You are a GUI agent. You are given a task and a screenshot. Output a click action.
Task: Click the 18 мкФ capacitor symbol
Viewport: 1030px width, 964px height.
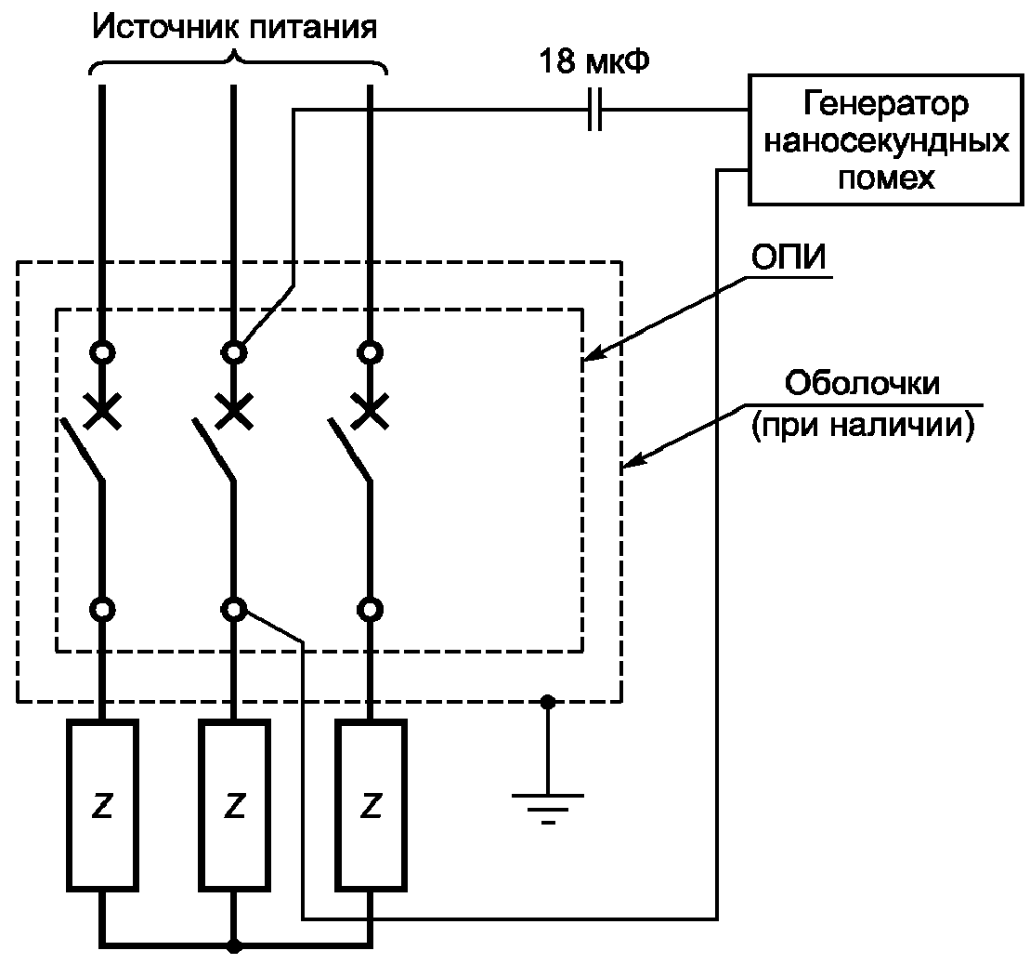[595, 110]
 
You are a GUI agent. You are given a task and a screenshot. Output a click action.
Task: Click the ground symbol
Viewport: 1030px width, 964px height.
[548, 804]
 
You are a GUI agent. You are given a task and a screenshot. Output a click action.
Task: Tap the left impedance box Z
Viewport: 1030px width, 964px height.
[102, 805]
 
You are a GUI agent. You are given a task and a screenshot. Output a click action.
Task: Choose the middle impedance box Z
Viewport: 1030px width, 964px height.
[235, 805]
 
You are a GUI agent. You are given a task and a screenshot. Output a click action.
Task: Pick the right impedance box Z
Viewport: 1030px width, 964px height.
[371, 805]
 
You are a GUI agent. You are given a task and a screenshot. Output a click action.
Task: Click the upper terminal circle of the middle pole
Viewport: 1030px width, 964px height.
[235, 353]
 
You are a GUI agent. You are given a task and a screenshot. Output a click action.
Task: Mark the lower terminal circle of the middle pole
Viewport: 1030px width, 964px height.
[235, 610]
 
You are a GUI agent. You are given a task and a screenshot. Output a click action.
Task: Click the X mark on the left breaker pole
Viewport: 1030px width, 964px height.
[102, 409]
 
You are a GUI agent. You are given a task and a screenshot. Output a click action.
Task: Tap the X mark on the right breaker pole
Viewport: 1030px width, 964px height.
[371, 409]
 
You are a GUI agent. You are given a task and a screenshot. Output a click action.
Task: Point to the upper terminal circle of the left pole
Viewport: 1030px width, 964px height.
[102, 353]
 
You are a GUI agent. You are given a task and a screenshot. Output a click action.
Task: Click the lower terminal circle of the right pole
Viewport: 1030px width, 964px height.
[371, 610]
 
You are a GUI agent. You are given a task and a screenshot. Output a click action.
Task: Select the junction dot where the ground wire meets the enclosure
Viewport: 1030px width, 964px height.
[548, 702]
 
